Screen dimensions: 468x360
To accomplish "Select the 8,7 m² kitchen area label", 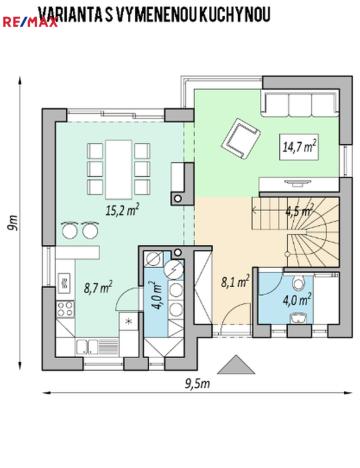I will coord(96,287).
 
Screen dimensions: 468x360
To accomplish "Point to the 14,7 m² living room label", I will coord(299,146).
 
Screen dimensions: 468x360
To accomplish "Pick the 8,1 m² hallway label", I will coord(232,283).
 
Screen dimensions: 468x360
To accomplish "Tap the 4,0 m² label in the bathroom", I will coord(297,297).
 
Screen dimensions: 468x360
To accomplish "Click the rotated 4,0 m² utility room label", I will coord(154,297).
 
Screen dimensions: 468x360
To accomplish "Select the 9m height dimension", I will coord(14,221).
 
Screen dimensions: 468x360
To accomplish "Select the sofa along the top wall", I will coord(296,104).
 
